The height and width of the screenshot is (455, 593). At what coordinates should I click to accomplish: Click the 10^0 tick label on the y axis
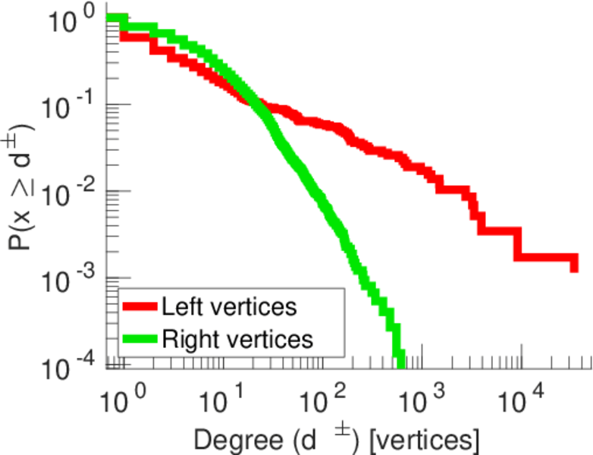pos(72,21)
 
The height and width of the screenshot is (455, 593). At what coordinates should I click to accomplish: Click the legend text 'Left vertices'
pos(228,307)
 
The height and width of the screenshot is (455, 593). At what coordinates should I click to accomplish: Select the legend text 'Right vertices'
pos(237,338)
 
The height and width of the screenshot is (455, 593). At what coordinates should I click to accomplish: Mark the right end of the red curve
pos(574,265)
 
